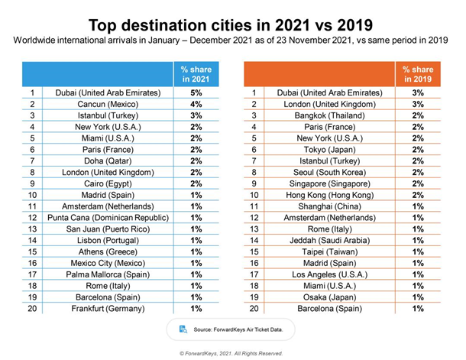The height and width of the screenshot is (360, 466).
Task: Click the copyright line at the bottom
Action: coord(231,353)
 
